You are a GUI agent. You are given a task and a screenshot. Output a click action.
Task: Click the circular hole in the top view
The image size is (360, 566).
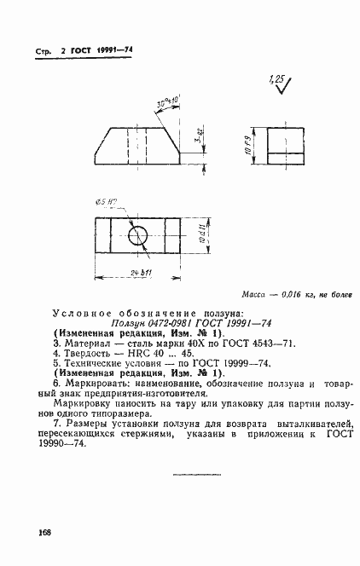tap(137, 235)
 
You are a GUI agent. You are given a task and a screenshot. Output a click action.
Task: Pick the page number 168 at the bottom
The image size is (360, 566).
tap(44, 532)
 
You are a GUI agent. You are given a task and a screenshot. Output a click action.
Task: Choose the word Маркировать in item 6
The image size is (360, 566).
tap(96, 385)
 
